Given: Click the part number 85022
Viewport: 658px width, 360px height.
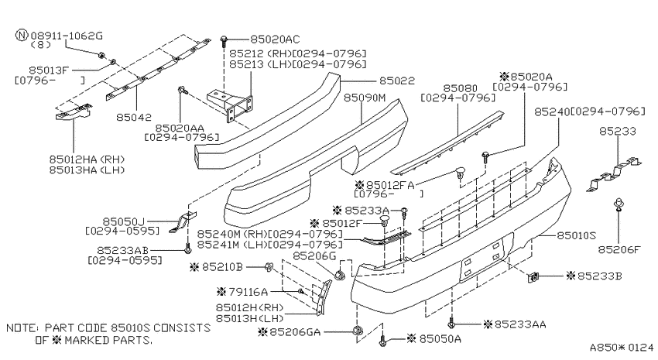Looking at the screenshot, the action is tap(396, 81).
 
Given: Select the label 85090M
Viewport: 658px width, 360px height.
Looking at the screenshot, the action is tap(365, 98).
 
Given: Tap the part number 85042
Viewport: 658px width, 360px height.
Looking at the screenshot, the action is tap(134, 117).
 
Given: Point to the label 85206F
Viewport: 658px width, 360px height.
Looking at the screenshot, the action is tap(619, 249).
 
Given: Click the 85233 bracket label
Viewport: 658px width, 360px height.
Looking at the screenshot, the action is tap(617, 132).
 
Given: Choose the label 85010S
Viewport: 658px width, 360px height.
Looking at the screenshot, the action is tap(576, 235).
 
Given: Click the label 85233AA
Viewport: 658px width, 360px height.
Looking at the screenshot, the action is tap(520, 324).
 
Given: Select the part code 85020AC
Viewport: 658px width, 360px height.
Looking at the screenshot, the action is tap(275, 39).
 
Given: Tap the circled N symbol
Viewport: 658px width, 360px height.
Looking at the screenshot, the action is tap(22, 35).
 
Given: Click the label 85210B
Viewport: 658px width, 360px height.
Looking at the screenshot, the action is tap(222, 267).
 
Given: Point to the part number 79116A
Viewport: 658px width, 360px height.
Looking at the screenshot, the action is tap(248, 291).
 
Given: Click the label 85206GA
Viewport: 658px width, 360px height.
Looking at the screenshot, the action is tap(295, 332).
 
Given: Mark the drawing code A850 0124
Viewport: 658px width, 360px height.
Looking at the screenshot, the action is tap(622, 348).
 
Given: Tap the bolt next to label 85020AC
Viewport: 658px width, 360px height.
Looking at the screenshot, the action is tap(224, 41).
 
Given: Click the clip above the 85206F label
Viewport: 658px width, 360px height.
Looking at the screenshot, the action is tap(619, 204).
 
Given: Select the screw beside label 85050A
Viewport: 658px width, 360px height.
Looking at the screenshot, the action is tap(382, 340).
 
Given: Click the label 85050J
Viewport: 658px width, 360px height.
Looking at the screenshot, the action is tap(123, 221).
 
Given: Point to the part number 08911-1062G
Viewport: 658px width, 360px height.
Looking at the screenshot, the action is tap(67, 36).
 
